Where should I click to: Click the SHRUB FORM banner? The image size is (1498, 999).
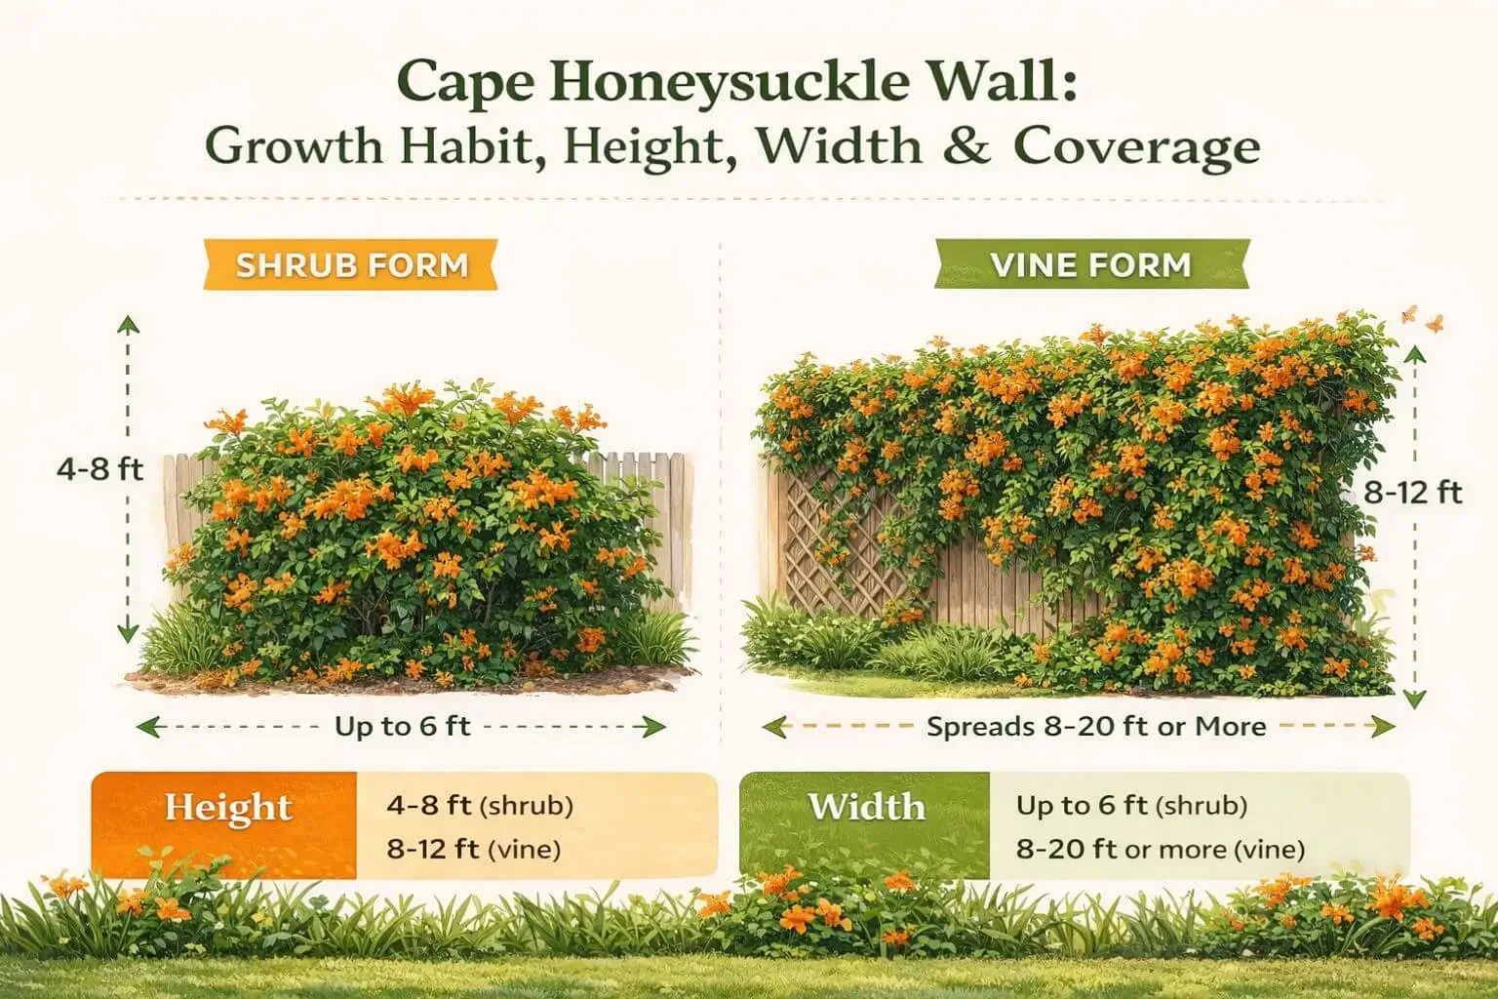tap(352, 264)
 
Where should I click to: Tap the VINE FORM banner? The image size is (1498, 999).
tap(1090, 264)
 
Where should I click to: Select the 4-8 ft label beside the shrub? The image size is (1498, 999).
tap(99, 469)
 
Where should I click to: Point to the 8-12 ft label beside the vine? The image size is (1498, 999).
tap(1412, 493)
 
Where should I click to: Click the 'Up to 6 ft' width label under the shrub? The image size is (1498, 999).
tap(402, 726)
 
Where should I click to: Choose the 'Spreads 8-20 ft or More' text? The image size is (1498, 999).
tap(1096, 726)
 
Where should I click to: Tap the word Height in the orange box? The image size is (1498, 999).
tap(228, 808)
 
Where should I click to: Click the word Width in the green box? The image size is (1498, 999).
tap(866, 808)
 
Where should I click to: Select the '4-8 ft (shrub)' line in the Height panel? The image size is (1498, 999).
tap(479, 806)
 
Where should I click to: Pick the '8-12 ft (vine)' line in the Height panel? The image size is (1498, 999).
tap(473, 849)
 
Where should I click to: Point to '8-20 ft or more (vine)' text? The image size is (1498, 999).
tap(1160, 849)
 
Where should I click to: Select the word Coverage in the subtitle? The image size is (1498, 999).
tap(1136, 146)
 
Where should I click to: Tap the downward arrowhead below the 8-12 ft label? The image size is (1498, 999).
tap(1415, 699)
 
